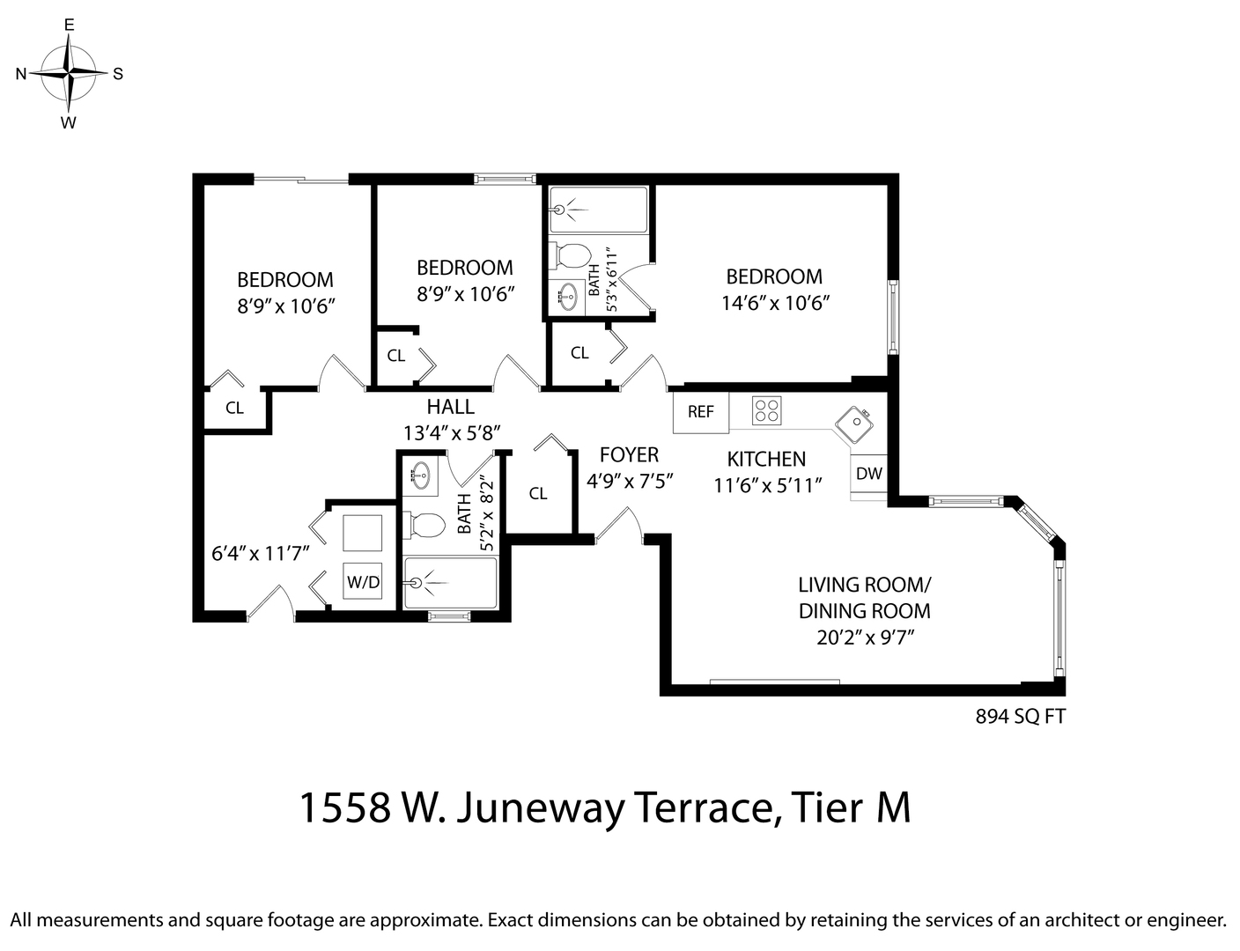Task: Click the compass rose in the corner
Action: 69,73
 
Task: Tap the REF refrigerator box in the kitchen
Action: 701,412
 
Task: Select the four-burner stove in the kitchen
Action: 766,409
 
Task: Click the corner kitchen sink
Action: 853,425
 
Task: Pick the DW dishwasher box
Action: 868,474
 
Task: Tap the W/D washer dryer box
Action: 363,581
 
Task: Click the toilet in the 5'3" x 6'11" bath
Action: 572,256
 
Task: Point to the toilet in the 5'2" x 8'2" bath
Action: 425,526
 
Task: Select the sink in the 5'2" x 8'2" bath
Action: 420,475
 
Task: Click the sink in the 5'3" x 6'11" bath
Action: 568,297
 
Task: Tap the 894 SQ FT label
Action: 1020,717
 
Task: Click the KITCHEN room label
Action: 766,459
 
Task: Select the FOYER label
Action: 629,454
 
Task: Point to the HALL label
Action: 450,407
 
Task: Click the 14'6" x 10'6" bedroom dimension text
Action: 775,303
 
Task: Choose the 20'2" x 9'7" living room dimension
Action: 864,637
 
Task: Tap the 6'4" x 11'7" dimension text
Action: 260,554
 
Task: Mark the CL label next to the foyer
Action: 538,494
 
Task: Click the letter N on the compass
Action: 21,74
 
